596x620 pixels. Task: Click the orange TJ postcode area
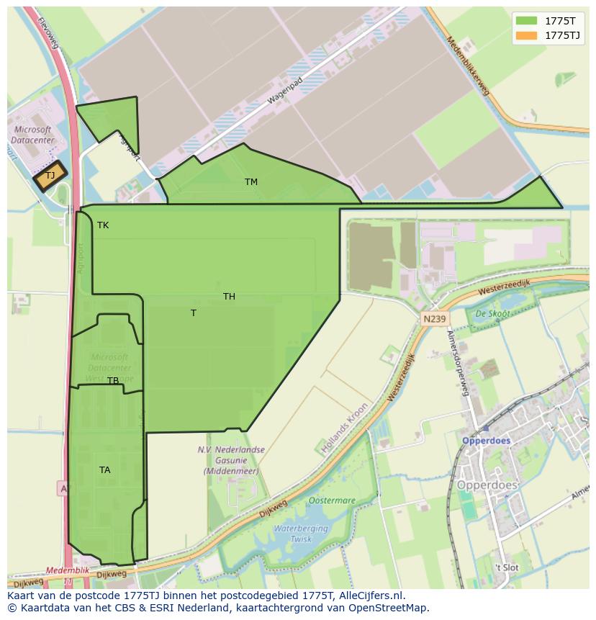click(50, 176)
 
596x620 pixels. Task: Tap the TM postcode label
click(250, 182)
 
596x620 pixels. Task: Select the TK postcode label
click(103, 225)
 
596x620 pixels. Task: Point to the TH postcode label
click(229, 297)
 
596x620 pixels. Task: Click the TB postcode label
click(113, 381)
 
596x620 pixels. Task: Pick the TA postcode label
click(105, 470)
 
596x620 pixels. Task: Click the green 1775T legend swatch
click(526, 21)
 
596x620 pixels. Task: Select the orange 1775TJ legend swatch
click(526, 35)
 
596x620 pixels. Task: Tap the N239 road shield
click(434, 319)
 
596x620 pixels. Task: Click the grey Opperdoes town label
click(487, 485)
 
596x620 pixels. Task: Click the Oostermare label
click(332, 500)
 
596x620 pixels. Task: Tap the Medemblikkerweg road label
click(467, 66)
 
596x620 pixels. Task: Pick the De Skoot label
click(492, 314)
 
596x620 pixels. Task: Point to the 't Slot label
click(506, 567)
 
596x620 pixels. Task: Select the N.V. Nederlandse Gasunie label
click(231, 460)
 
